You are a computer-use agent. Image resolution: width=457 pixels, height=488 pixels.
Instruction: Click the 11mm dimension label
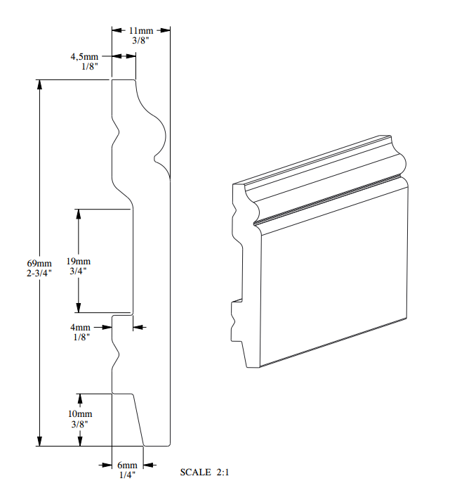[x=141, y=31]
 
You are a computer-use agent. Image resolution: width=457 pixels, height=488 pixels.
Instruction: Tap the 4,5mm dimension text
[x=84, y=56]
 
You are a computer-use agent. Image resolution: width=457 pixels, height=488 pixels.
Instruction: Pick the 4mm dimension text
[x=79, y=328]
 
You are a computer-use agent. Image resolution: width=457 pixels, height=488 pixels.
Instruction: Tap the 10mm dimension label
[x=80, y=415]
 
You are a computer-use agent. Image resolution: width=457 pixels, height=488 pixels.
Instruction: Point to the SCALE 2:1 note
[x=205, y=473]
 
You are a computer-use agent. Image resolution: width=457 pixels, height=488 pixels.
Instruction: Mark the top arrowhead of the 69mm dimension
[x=40, y=85]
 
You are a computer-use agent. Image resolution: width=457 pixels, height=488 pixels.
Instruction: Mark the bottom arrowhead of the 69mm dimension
[x=40, y=441]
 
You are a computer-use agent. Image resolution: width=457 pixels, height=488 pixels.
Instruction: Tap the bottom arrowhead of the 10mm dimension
[x=80, y=441]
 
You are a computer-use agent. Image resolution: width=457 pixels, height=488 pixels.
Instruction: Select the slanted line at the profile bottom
[x=138, y=419]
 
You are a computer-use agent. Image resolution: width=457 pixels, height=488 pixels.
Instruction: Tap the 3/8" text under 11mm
[x=141, y=41]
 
